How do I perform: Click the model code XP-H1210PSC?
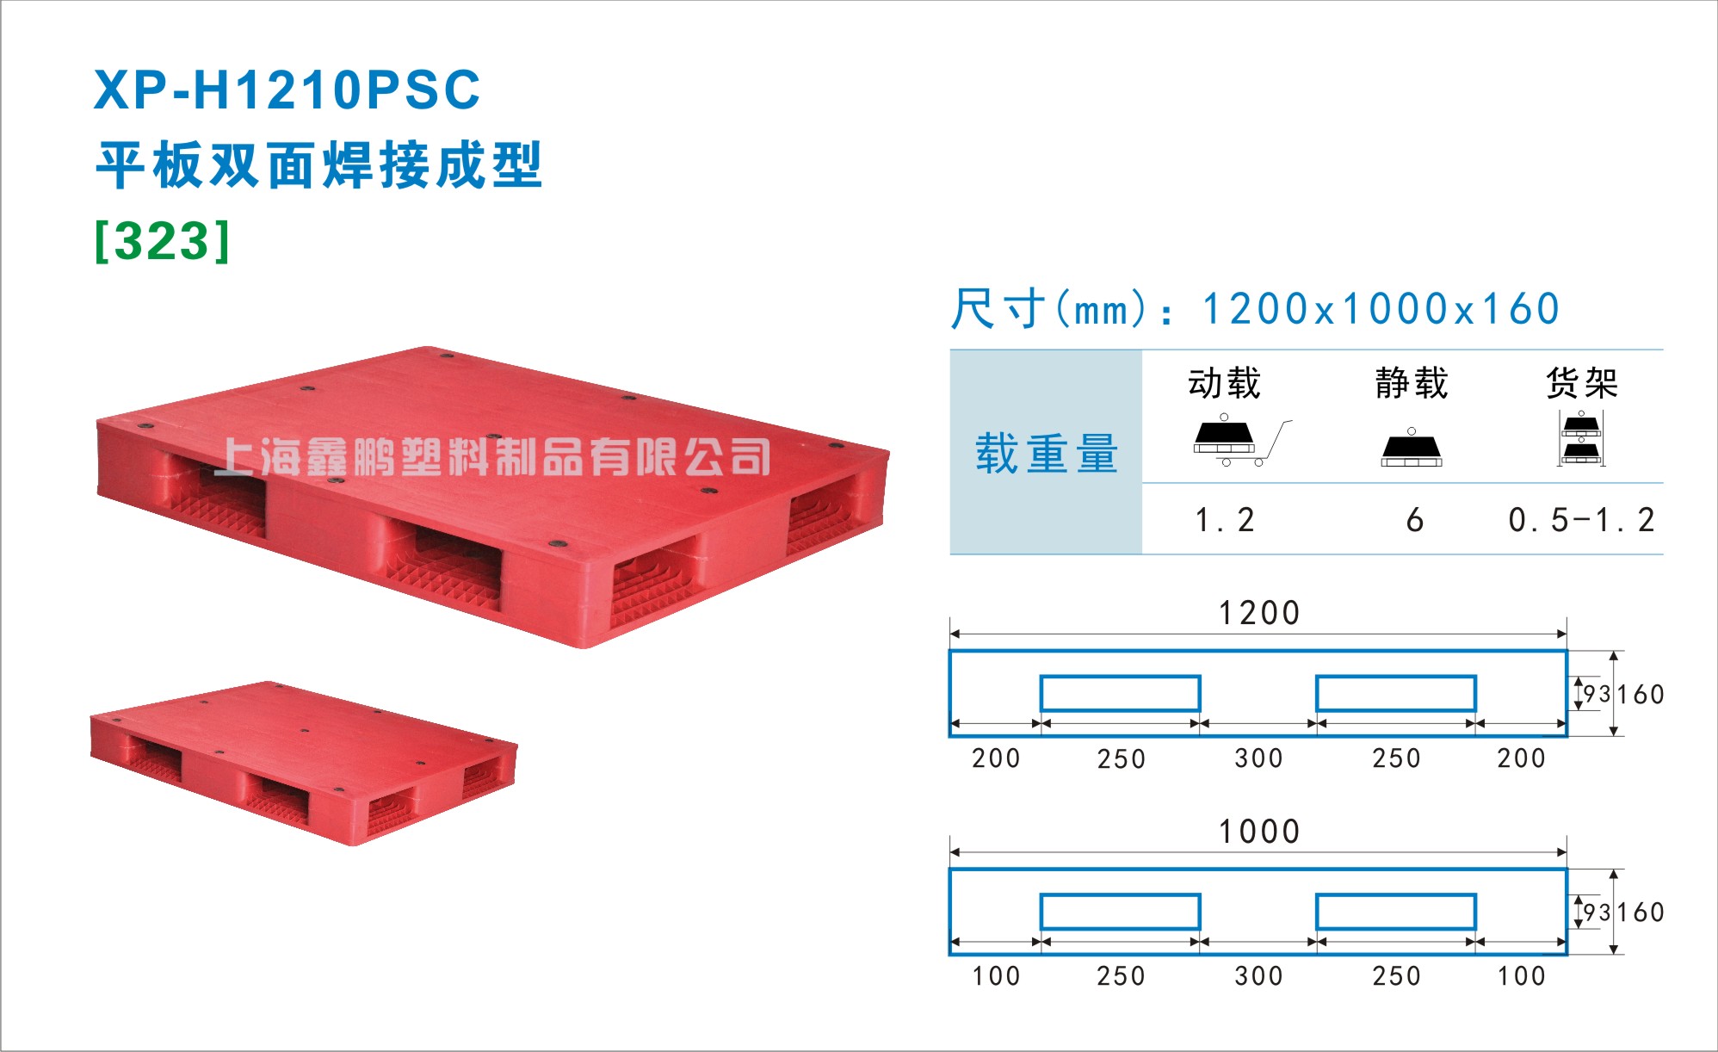click(287, 90)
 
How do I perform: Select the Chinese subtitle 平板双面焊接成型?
click(318, 164)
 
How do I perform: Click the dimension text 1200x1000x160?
click(1381, 309)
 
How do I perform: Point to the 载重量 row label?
click(1047, 453)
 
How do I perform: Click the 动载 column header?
click(1225, 382)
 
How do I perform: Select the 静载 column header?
click(1412, 382)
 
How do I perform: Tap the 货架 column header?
click(1582, 382)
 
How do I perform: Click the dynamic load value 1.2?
click(1225, 520)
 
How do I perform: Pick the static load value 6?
click(1414, 520)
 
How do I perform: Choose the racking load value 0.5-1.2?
click(1581, 520)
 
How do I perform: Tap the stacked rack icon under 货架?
click(1582, 438)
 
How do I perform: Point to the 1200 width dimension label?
click(1258, 613)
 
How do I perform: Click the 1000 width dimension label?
click(1258, 832)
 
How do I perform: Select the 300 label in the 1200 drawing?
click(1258, 758)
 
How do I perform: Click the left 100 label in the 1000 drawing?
click(996, 976)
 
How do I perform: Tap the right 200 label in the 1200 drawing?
click(1521, 758)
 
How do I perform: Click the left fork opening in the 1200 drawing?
click(1120, 693)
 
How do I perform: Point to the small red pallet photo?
click(304, 763)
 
